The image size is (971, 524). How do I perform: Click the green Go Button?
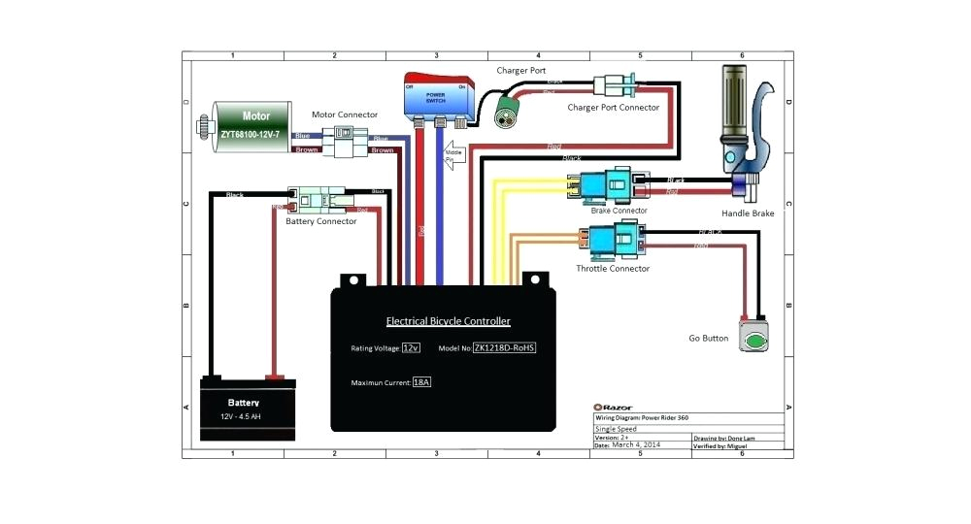coord(753,338)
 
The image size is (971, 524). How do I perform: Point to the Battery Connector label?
coord(320,221)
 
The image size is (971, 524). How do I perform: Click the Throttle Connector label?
coord(613,269)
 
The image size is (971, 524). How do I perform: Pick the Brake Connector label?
coord(619,211)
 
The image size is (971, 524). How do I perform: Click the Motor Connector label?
coord(344,115)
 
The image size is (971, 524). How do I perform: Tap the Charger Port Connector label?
coord(613,108)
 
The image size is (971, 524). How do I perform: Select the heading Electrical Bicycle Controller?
coord(448,321)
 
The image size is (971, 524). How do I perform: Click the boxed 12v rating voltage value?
coord(412,347)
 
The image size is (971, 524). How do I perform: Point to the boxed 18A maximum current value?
coord(420,383)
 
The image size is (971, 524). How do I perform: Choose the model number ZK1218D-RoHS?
coord(504,347)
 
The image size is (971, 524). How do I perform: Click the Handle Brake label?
coord(747,213)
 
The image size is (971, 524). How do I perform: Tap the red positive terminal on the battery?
coord(275,377)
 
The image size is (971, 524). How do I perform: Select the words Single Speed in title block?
coord(616,428)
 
